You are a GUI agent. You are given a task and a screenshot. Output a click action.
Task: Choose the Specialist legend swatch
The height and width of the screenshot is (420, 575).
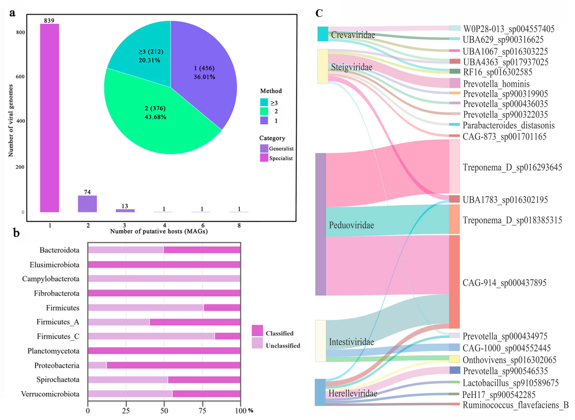pos(264,158)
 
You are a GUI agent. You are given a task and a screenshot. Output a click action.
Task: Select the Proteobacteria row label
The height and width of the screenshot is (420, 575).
pos(57,365)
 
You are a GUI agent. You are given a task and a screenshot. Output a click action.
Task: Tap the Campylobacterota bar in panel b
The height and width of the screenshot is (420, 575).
pos(164,279)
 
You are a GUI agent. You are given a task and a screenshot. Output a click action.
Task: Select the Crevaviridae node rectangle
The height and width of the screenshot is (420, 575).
pos(323,34)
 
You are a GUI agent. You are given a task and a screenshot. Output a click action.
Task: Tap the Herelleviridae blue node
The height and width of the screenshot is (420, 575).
pos(320,392)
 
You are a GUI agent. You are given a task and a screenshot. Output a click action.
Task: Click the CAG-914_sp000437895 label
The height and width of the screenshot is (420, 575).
pos(504,283)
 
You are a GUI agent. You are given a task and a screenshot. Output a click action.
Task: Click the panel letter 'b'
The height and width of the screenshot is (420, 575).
pos(16,233)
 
